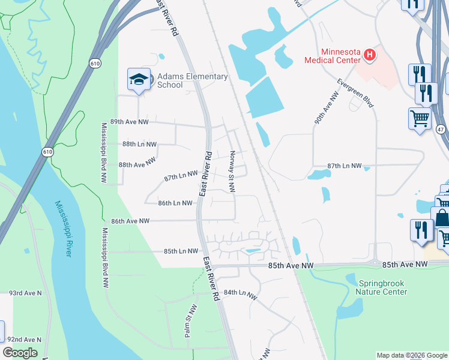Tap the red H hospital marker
pos(370,56)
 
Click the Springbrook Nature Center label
pos(382,287)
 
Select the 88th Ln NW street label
pos(139,145)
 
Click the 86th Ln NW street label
pos(175,203)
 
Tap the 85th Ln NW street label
pos(180,251)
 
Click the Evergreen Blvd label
pos(355,93)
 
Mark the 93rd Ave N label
pos(25,293)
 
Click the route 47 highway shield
pos(441,129)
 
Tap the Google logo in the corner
pos(20,353)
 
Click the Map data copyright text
pos(412,355)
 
